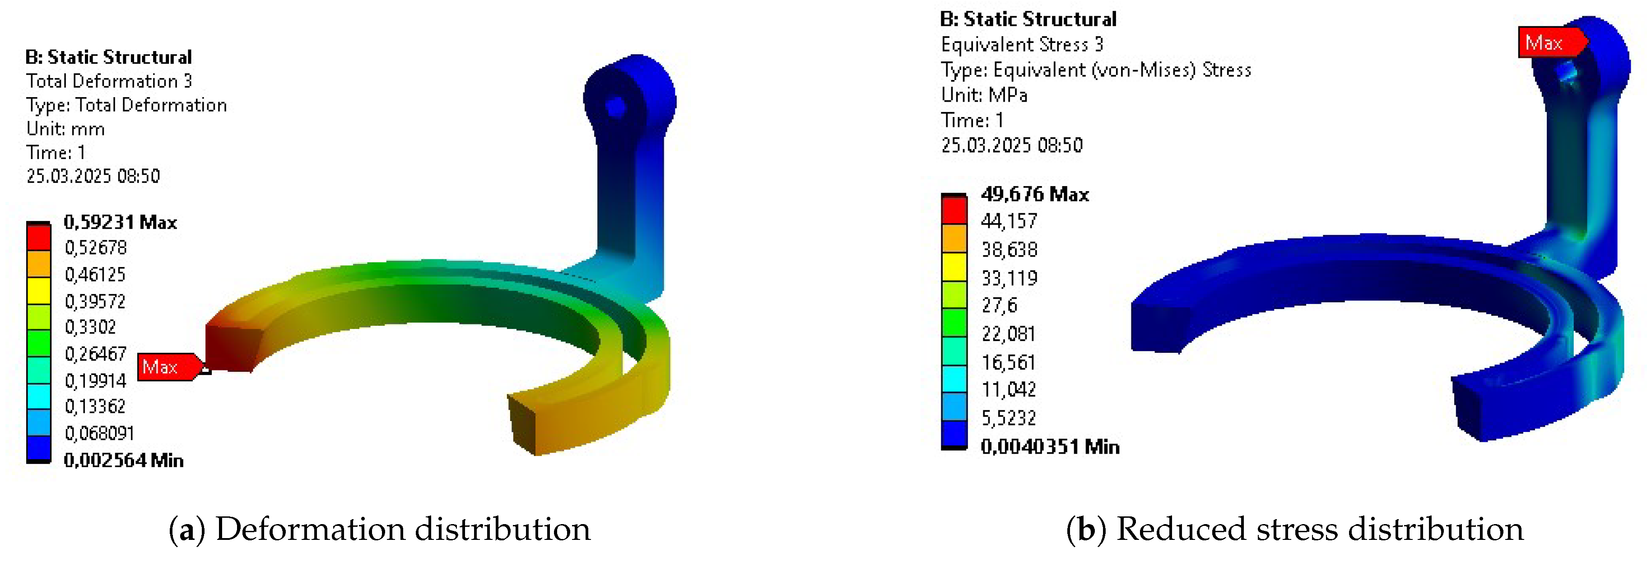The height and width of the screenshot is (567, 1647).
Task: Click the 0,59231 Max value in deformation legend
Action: click(120, 222)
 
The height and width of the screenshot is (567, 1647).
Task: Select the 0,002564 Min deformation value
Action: click(123, 460)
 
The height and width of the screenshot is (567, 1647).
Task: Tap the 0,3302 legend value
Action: click(90, 327)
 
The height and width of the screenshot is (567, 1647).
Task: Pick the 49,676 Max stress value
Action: click(1034, 194)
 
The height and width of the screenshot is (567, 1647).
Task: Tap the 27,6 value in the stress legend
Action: click(999, 305)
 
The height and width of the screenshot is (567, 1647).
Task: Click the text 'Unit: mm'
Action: click(65, 129)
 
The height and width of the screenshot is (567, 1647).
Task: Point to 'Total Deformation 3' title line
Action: click(109, 80)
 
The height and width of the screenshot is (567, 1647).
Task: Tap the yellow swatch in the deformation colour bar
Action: click(38, 291)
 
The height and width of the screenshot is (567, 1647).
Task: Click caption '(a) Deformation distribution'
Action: click(379, 529)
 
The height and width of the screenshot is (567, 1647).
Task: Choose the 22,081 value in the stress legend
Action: click(1008, 333)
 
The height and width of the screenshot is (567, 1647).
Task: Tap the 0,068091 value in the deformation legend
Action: click(99, 433)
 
